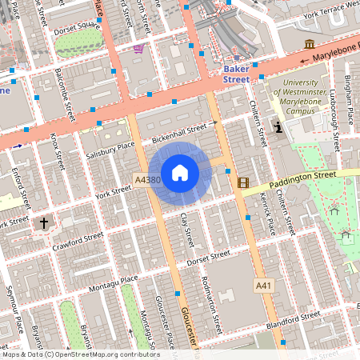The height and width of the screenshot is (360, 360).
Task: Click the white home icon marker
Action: click(x=180, y=173)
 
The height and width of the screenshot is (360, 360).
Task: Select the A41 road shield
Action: click(x=264, y=285)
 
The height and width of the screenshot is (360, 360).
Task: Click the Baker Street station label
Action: click(x=235, y=74)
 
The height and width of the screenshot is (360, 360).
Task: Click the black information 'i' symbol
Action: click(x=278, y=127)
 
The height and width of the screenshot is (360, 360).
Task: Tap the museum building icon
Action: click(x=309, y=43)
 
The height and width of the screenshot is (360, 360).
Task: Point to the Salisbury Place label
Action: click(x=114, y=146)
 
